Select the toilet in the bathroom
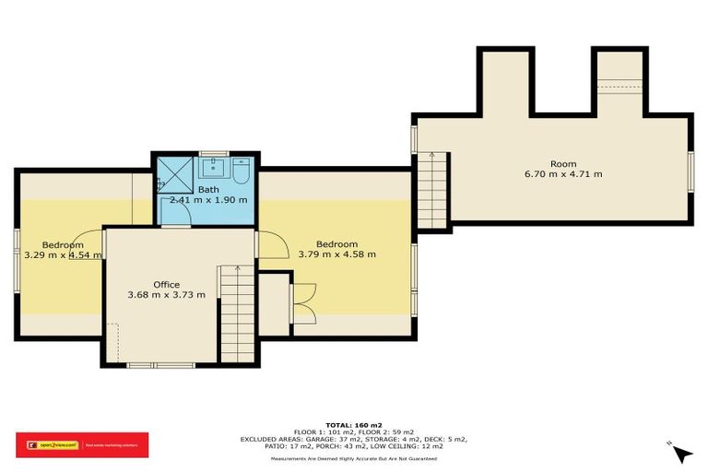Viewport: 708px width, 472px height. (x=242, y=171)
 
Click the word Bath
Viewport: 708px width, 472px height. (x=208, y=189)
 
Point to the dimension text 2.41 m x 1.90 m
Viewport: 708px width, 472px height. (x=208, y=199)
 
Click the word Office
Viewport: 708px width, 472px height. (x=167, y=284)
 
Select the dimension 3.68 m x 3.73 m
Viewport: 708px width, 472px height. (x=167, y=295)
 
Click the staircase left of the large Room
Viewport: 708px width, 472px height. (x=432, y=192)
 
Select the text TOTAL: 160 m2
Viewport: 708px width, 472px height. (x=354, y=424)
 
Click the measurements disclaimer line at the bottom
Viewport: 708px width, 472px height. (x=354, y=457)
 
